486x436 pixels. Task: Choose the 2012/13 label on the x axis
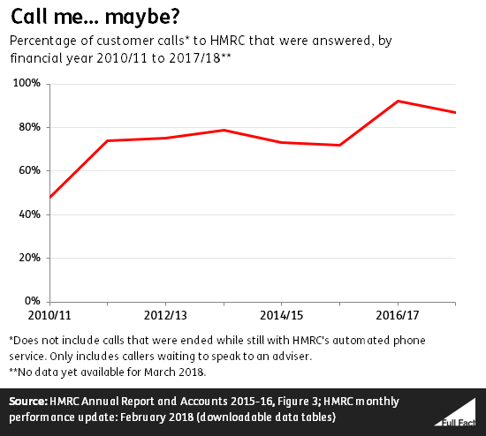click(166, 315)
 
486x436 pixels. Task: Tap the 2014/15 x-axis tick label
click(282, 315)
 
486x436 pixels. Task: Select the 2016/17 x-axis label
click(398, 315)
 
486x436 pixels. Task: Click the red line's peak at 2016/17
click(398, 101)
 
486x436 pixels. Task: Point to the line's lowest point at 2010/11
click(50, 197)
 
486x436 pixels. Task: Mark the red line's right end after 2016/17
click(455, 112)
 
